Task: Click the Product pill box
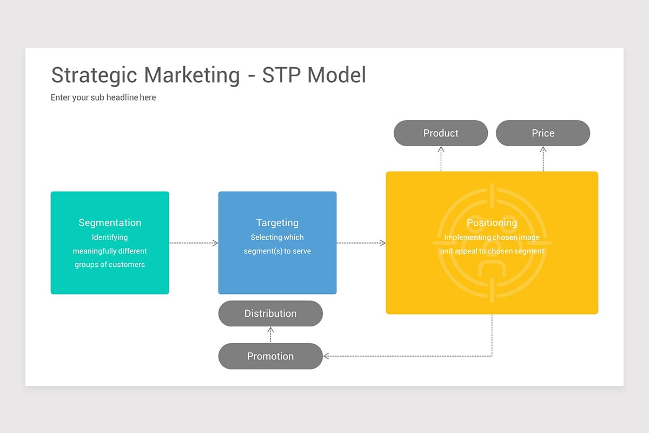coord(440,133)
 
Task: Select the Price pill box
coord(542,133)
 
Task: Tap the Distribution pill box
coord(270,313)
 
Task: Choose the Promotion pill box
coord(270,356)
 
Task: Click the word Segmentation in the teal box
coord(110,222)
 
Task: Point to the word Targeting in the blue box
coord(277,222)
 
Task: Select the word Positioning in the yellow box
coord(492,222)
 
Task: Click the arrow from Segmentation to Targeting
coord(194,243)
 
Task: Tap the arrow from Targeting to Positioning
coord(361,243)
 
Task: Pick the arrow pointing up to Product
coord(441,158)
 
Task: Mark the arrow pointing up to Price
coord(543,158)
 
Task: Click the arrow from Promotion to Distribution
coord(270,334)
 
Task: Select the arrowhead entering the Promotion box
coord(326,356)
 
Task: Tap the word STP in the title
coord(281,75)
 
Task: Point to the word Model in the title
coord(336,75)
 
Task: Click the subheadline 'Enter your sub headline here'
coord(103,97)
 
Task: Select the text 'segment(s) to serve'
coord(277,251)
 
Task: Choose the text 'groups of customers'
coord(110,265)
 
